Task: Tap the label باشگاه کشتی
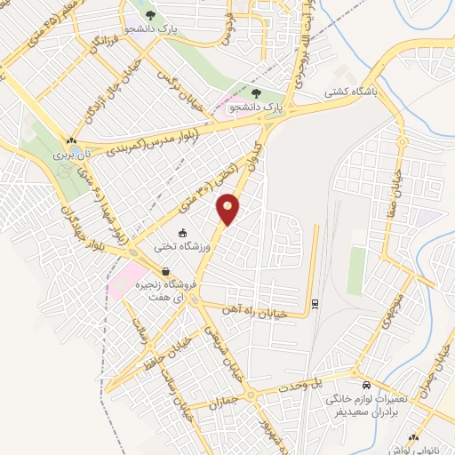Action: [399, 92]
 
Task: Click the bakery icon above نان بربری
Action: [71, 140]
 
